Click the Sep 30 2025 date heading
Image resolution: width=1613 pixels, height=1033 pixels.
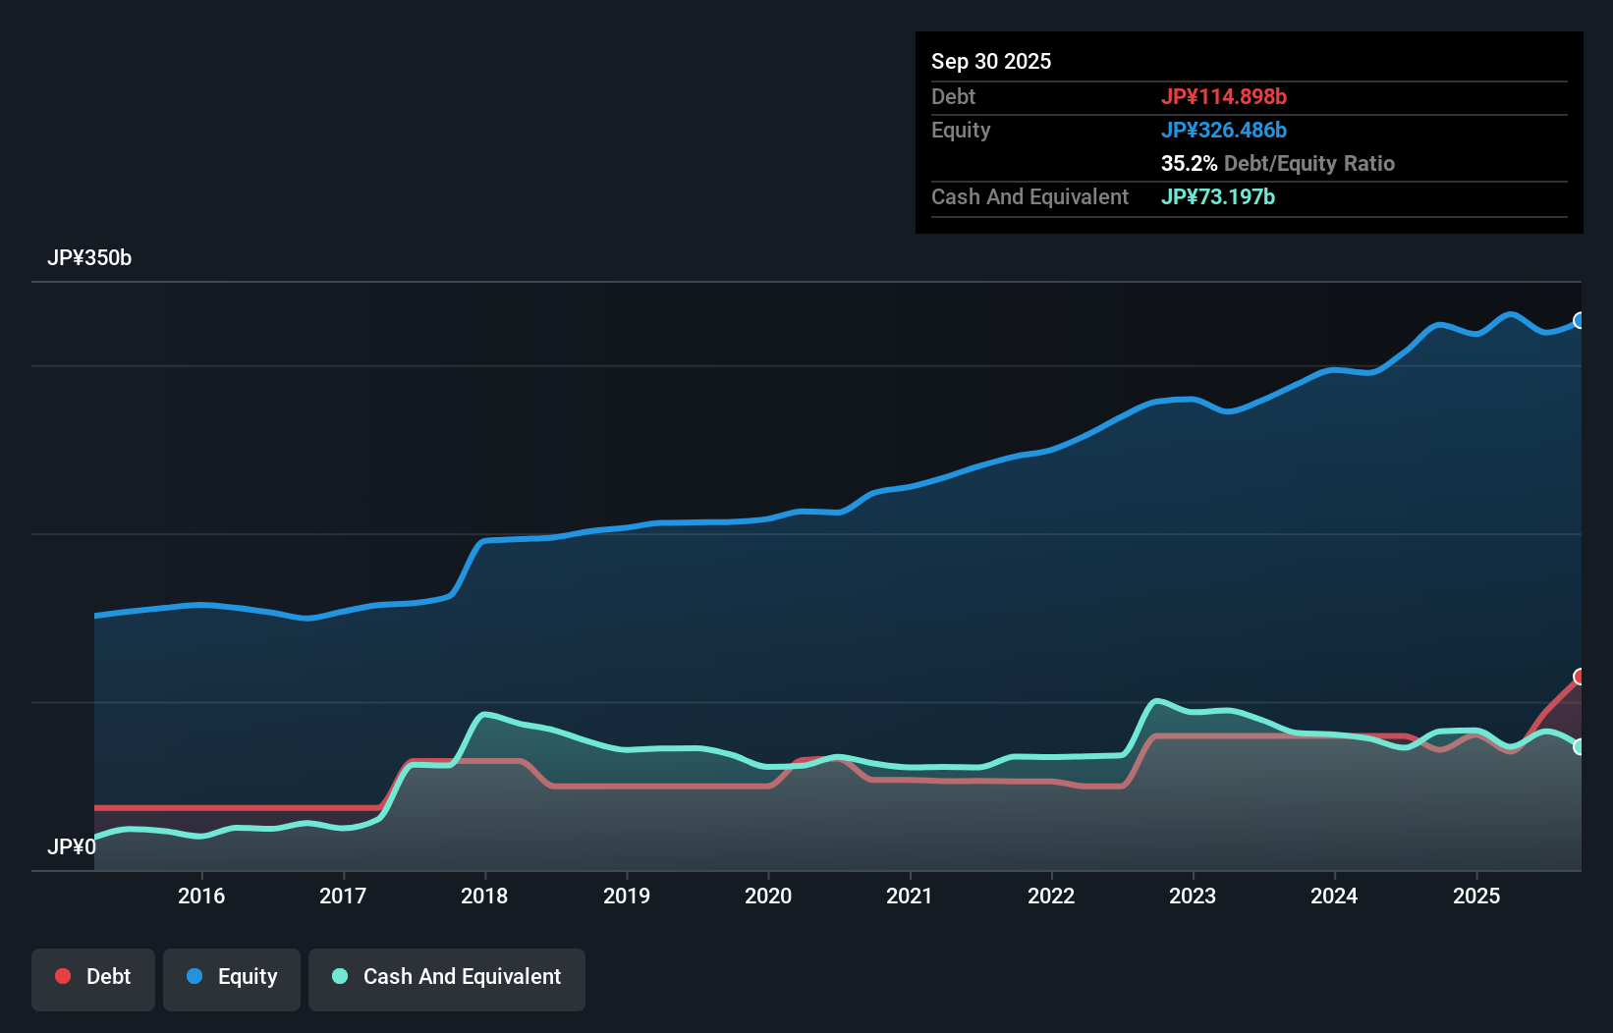point(990,61)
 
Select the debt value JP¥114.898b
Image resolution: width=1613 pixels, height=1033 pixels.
point(1223,96)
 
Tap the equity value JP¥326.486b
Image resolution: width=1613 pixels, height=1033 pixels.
point(1223,130)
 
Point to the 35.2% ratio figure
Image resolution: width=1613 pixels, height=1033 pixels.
point(1188,163)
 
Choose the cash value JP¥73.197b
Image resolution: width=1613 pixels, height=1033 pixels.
point(1217,196)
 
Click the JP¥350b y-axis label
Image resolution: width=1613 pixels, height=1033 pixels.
point(88,257)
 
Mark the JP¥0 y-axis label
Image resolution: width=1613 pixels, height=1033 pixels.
point(71,846)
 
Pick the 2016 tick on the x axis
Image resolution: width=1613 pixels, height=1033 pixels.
point(201,896)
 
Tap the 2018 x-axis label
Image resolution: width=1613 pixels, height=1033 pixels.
point(484,896)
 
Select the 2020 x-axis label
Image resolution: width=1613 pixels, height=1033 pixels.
point(767,896)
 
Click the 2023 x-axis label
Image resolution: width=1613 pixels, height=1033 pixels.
point(1193,896)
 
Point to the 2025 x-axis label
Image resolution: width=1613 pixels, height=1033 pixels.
point(1475,896)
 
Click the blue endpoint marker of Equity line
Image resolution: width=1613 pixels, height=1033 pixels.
point(1580,320)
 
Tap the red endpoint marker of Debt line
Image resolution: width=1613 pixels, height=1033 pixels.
point(1580,677)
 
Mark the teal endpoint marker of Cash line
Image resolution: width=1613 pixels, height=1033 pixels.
point(1580,747)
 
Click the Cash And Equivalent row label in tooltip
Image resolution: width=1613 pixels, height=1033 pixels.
point(1029,196)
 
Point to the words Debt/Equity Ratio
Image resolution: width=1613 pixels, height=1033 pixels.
point(1308,163)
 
